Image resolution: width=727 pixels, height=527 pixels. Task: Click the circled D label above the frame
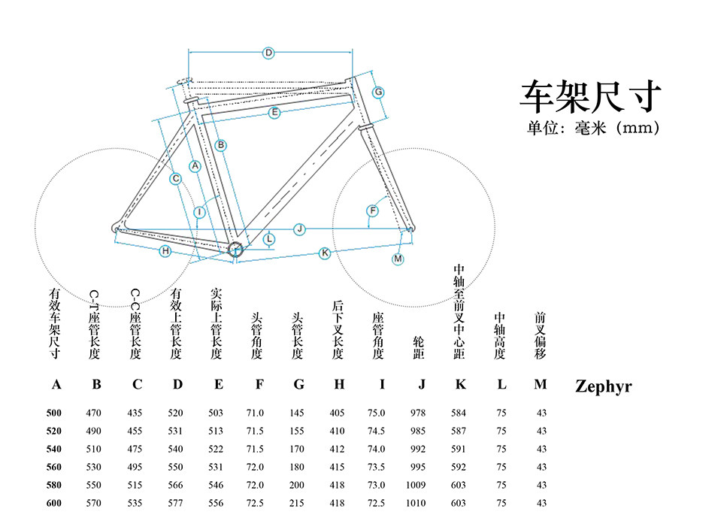[x=268, y=53]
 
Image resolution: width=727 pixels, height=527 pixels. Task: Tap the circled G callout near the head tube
[x=379, y=92]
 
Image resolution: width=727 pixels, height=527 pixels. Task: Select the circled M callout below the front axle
[x=398, y=259]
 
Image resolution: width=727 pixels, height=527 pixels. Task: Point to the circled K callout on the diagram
[x=325, y=253]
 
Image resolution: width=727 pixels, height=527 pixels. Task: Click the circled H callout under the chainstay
[x=165, y=250]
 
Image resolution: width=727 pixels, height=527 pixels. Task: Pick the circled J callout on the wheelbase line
[x=299, y=228]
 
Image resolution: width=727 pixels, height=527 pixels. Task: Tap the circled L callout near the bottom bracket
[x=270, y=240]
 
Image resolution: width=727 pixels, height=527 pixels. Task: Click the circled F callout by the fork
[x=371, y=210]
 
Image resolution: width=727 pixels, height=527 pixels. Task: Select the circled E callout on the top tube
[x=274, y=112]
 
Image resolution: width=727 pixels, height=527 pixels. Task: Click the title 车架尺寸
[x=590, y=96]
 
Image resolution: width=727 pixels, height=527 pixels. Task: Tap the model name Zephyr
[x=603, y=387]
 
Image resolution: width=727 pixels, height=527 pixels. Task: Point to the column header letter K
[x=461, y=385]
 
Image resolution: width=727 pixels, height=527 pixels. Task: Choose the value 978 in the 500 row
[x=417, y=413]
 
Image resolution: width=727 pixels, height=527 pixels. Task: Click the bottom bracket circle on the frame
[x=235, y=250]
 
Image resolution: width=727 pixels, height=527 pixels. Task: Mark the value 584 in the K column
[x=459, y=413]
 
